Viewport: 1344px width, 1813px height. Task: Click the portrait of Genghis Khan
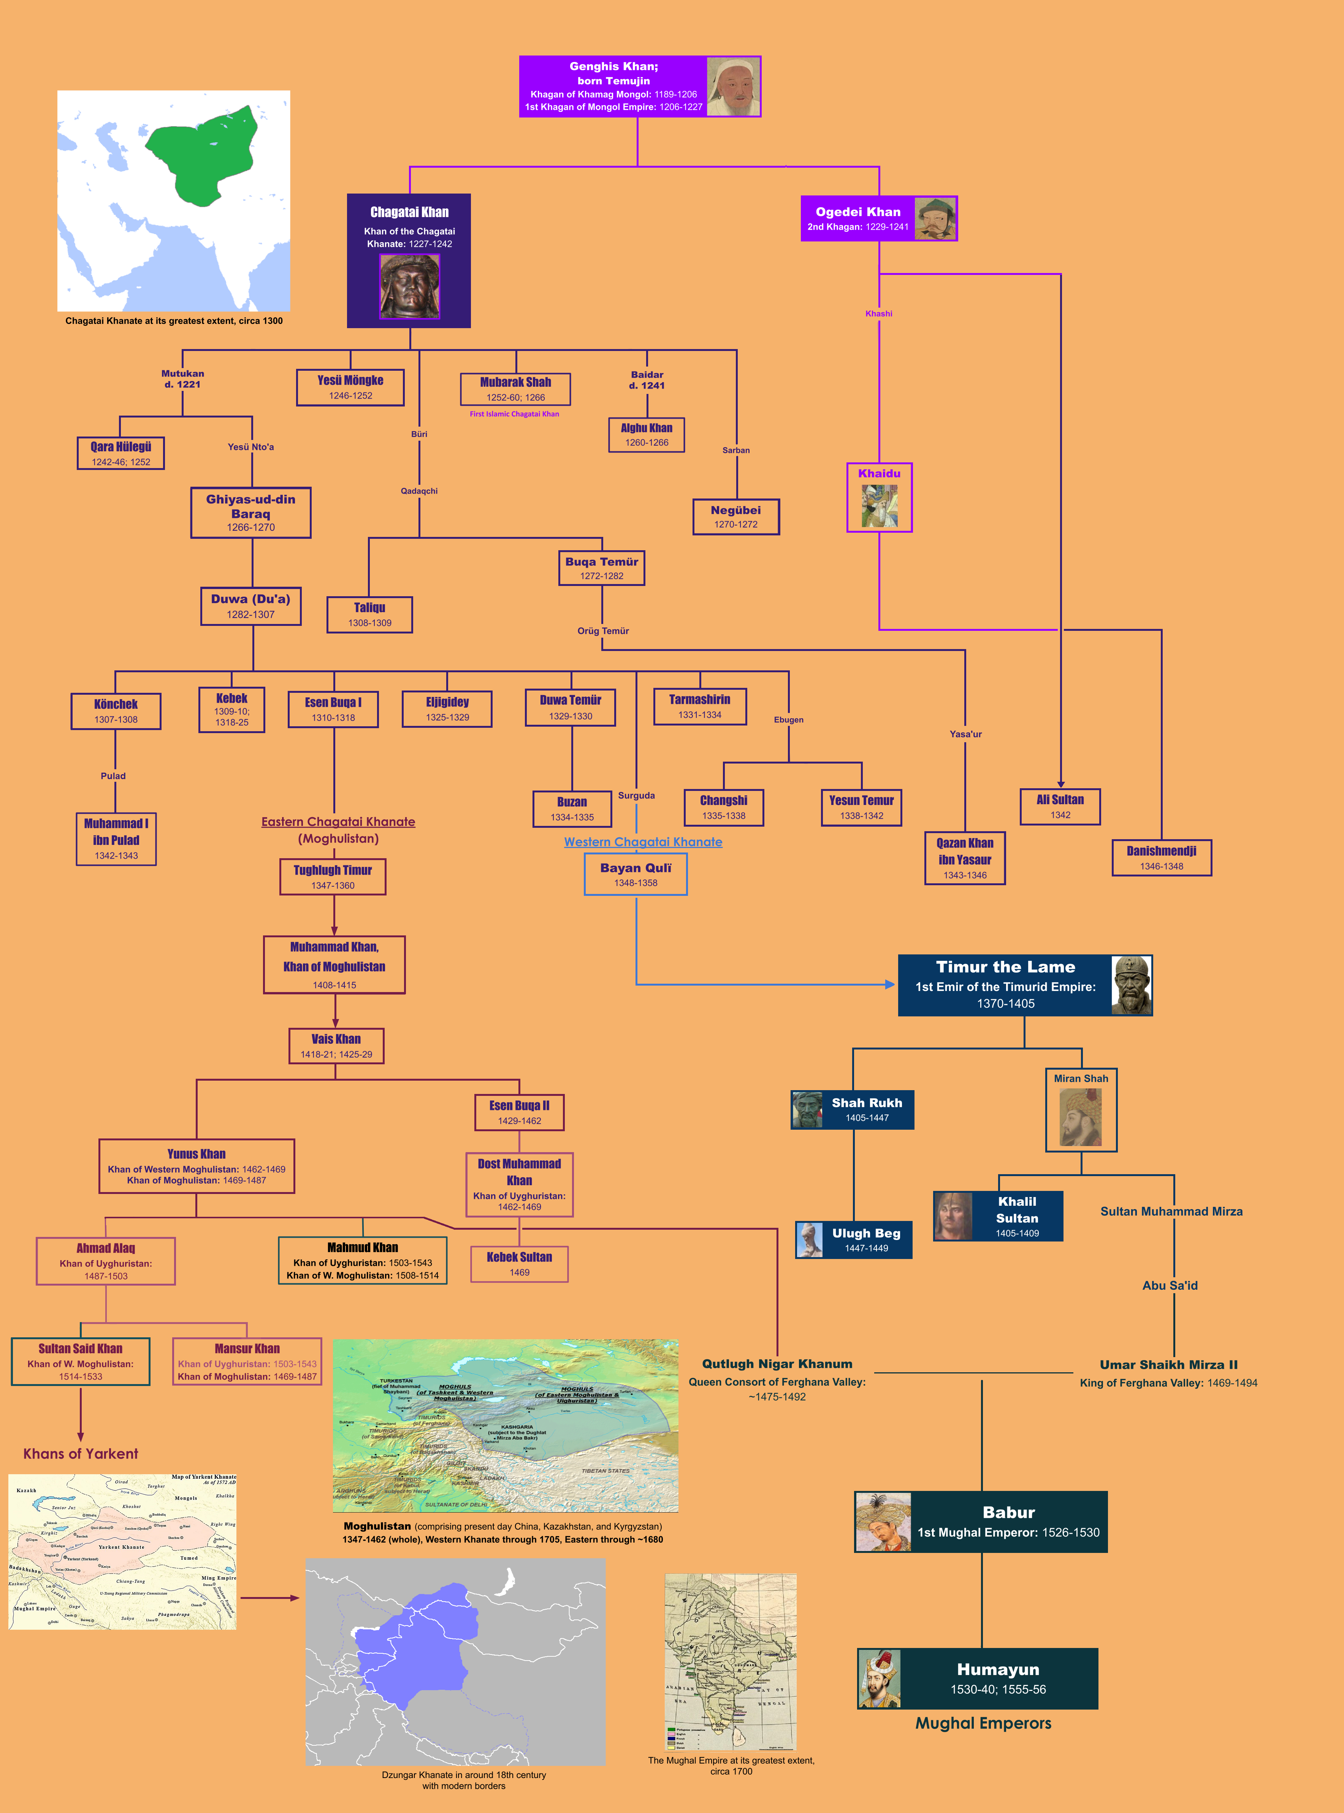point(733,86)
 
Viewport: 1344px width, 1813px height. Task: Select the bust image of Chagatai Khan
point(409,286)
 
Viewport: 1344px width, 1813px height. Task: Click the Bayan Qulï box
point(636,875)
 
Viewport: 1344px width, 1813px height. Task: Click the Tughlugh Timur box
point(333,876)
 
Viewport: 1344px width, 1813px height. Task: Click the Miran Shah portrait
point(1080,1117)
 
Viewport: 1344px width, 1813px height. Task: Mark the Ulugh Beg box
point(853,1239)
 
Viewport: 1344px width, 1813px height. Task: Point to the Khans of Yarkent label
point(81,1453)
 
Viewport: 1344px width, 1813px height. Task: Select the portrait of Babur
point(883,1522)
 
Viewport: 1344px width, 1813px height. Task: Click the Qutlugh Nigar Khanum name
point(777,1364)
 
